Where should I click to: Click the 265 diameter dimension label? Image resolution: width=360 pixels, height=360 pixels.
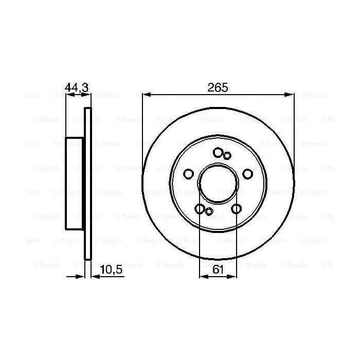click(218, 87)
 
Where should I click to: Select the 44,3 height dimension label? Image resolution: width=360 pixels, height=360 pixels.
click(77, 88)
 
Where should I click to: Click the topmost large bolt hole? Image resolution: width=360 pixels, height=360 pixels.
click(218, 152)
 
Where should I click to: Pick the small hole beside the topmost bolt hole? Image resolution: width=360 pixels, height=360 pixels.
click(227, 155)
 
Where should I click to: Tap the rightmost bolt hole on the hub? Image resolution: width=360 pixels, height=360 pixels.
click(247, 173)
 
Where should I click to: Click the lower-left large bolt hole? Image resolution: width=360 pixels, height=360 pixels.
click(200, 208)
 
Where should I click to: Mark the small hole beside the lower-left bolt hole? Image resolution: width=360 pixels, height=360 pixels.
click(208, 211)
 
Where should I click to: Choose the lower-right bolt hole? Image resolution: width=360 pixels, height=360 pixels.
click(236, 208)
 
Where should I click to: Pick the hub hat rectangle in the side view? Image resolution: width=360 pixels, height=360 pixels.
click(75, 184)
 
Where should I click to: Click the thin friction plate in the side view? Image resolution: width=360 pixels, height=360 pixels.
click(87, 184)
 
